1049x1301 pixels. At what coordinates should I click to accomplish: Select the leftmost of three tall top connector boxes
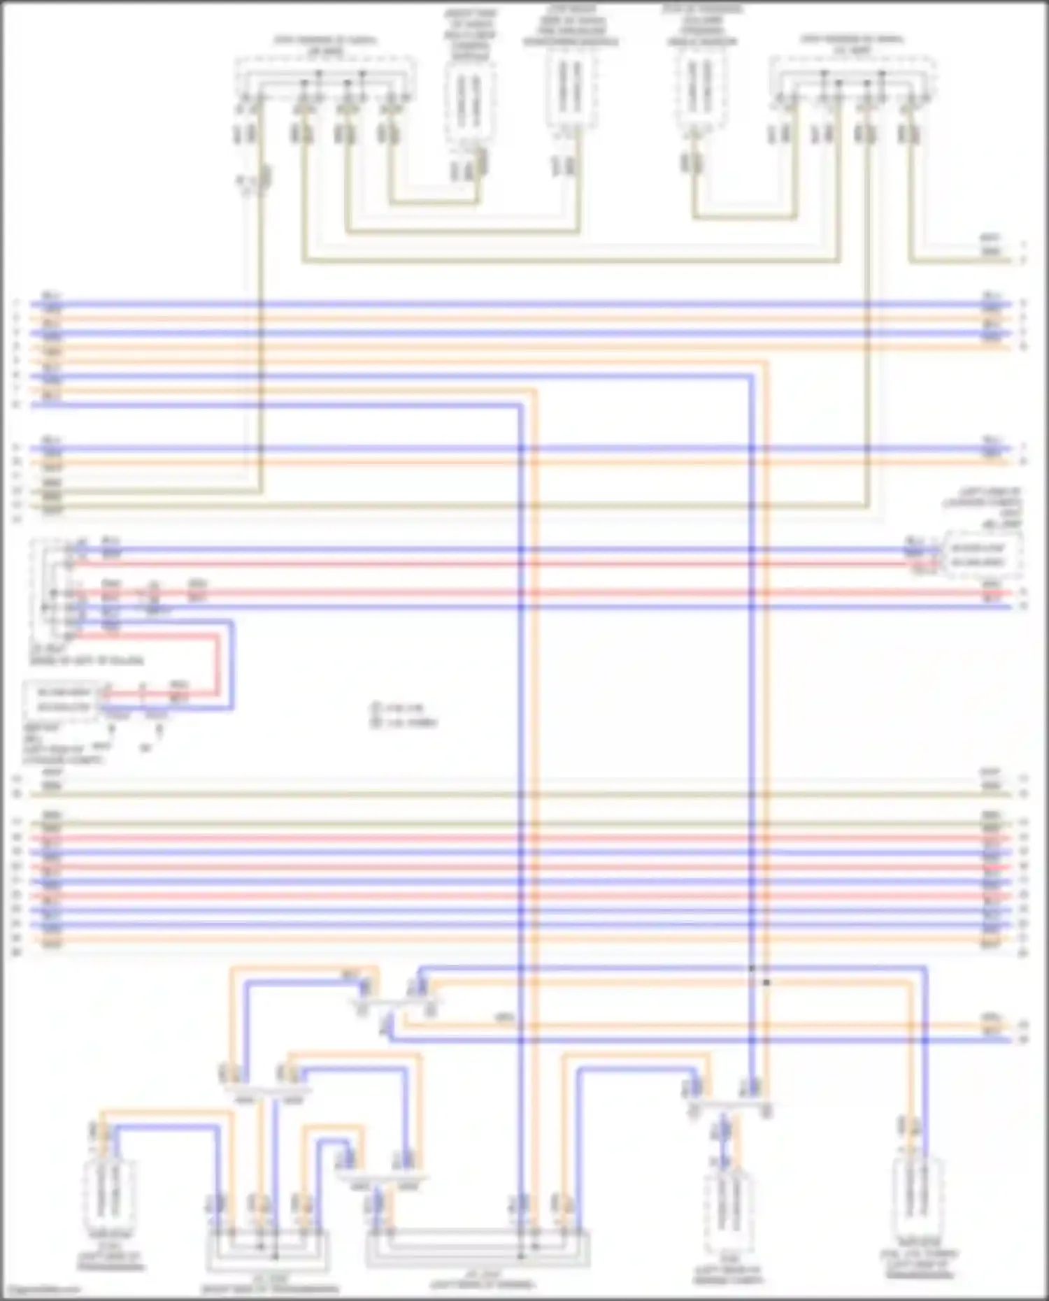[x=470, y=101]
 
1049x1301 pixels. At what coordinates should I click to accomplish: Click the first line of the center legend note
[x=399, y=708]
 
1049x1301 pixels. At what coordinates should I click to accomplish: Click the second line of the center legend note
[x=404, y=723]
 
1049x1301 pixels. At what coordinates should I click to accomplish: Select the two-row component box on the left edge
[x=64, y=700]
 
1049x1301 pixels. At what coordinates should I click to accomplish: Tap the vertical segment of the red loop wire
[x=217, y=664]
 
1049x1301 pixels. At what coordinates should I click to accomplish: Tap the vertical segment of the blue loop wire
[x=231, y=664]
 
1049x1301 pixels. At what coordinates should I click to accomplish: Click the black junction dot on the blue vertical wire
[x=752, y=969]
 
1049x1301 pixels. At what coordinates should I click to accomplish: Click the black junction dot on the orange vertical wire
[x=766, y=982]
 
